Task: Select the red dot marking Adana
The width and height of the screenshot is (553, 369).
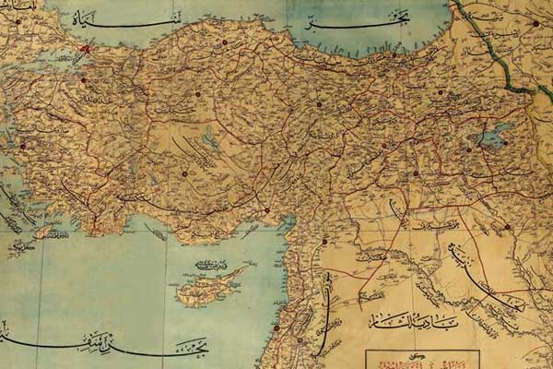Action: click(x=267, y=210)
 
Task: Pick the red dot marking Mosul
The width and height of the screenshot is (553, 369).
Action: click(x=506, y=226)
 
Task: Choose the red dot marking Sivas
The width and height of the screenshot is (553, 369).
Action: click(x=319, y=104)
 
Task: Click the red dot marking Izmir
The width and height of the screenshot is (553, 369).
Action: click(x=24, y=145)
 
